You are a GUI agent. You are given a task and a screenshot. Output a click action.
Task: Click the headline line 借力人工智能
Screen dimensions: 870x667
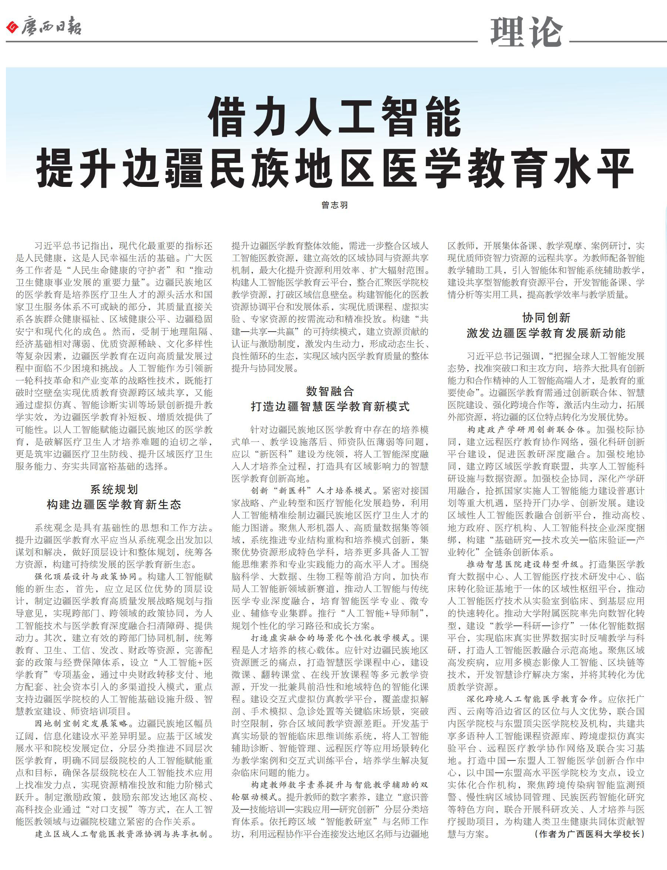tap(335, 118)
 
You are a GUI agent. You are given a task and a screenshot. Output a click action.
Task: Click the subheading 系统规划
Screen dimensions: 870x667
tap(114, 489)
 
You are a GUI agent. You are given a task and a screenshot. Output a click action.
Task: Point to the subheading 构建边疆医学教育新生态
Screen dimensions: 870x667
tap(114, 505)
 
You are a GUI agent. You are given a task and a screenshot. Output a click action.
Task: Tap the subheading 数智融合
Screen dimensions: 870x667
tap(330, 391)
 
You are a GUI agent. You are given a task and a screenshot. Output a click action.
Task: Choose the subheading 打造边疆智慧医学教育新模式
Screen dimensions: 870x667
tap(330, 407)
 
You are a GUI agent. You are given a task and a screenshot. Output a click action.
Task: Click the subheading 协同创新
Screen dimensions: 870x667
tap(546, 318)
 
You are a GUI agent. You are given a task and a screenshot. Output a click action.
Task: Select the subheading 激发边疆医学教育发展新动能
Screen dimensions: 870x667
tap(546, 333)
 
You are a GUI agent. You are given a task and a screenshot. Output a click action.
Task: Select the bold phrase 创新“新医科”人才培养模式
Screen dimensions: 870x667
tap(311, 491)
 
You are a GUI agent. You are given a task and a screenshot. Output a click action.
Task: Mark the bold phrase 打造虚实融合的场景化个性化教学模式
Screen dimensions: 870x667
tap(334, 638)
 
